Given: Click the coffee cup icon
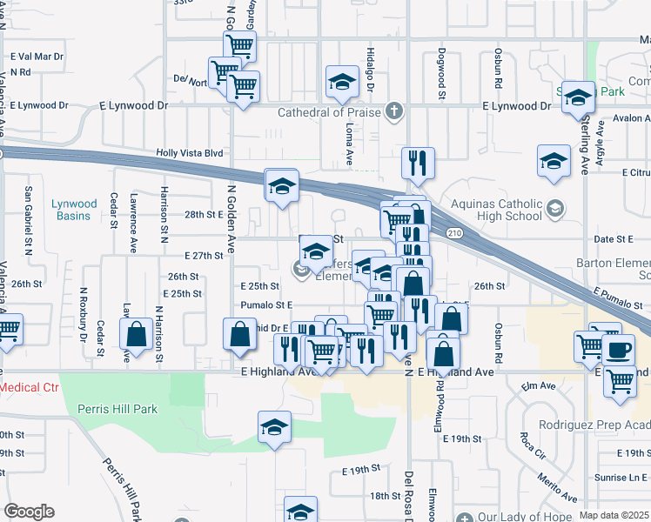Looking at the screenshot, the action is click(x=620, y=350).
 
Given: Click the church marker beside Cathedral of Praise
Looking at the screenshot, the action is click(x=395, y=111).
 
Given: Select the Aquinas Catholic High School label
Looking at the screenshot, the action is click(x=495, y=209).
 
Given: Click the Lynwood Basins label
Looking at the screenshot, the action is click(x=74, y=210).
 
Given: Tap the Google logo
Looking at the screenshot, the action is click(x=29, y=511).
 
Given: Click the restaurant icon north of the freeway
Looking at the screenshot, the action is click(x=419, y=161).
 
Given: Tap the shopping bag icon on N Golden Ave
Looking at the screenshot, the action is click(x=239, y=334).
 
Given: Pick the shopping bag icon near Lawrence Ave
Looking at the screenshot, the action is click(x=137, y=334).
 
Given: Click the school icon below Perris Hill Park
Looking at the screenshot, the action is click(x=274, y=426).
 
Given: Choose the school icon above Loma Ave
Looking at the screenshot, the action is click(x=342, y=83).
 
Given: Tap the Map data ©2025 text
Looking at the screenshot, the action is click(x=614, y=515).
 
